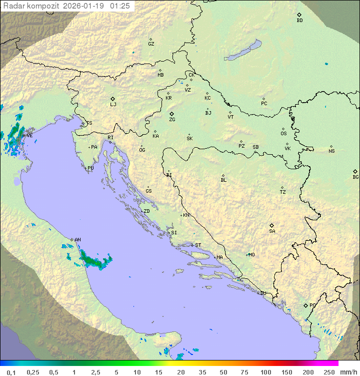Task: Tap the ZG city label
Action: pos(172,120)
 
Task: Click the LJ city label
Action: pos(113,105)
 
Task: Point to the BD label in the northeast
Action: pos(299,21)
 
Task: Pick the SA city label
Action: pos(272,231)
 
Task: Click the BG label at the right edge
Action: pos(355,177)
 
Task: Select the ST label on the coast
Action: pos(198,245)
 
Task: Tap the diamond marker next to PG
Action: pos(305,305)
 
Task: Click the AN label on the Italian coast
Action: pos(77,240)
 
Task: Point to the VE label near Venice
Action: pos(29,136)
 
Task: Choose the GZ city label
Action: pos(151,44)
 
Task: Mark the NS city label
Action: pos(331,151)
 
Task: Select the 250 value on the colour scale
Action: pos(329,372)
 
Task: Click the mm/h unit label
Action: pos(348,372)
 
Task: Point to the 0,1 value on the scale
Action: pos(11,372)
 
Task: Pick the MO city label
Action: pos(251,255)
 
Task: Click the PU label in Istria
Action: pos(90,168)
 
